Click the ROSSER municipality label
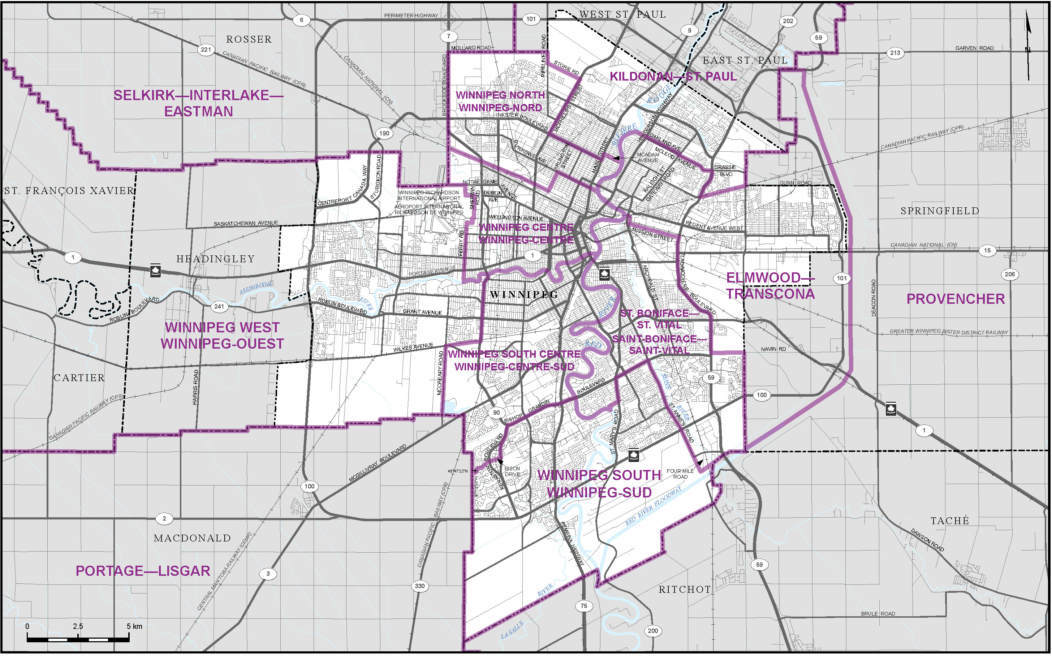[x=249, y=39]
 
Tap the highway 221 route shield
[x=206, y=49]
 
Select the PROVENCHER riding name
[x=955, y=299]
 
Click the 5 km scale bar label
[x=134, y=626]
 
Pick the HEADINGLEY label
[x=215, y=259]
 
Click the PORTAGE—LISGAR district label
[x=143, y=571]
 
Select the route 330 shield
[x=419, y=586]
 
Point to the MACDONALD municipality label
[x=192, y=539]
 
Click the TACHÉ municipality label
[x=949, y=521]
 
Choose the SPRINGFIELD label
[x=940, y=211]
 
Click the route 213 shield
[x=895, y=53]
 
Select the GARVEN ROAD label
[x=974, y=48]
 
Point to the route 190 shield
[x=384, y=133]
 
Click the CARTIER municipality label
[x=79, y=378]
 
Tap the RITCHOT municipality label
[x=685, y=590]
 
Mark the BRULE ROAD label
[x=878, y=614]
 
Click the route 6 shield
[x=302, y=20]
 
